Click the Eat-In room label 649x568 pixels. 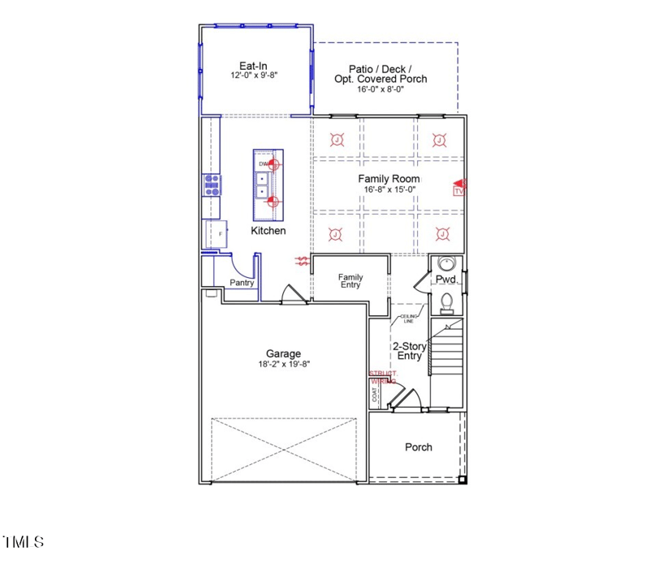point(253,66)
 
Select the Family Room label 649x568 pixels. point(389,177)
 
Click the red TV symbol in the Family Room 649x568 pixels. point(458,189)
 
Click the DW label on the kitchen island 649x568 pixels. point(263,164)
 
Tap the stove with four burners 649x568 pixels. point(213,186)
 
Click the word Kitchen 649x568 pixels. point(268,231)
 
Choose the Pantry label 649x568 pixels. point(242,283)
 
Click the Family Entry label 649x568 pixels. point(350,281)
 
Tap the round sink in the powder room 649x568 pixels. point(445,264)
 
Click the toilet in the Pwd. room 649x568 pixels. point(445,302)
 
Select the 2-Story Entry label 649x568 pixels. point(410,351)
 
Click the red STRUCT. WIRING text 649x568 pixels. point(383,377)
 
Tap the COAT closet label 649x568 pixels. point(375,394)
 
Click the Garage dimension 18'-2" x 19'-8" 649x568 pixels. point(283,365)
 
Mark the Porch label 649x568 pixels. point(419,447)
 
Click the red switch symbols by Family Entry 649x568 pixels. point(303,261)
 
